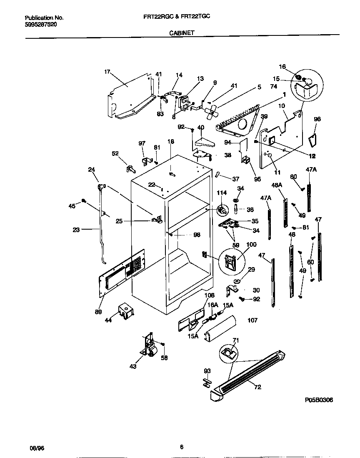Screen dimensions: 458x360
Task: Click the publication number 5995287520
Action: coord(41,25)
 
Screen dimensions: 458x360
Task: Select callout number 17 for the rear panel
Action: coord(107,72)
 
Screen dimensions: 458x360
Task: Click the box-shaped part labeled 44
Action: coord(125,310)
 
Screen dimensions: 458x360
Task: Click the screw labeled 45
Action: coord(84,201)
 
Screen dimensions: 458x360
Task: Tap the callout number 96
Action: coord(317,119)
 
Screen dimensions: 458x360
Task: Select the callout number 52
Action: coord(115,153)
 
